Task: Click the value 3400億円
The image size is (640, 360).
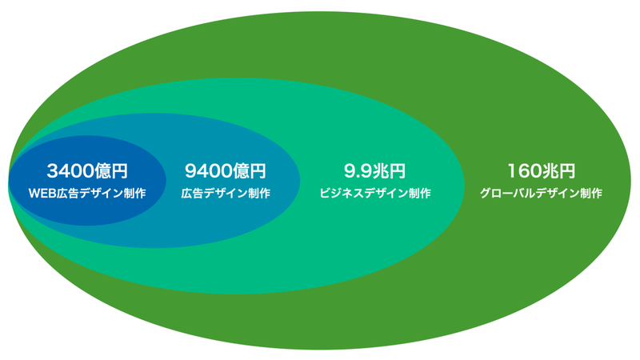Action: pos(87,170)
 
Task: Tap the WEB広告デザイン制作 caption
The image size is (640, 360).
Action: pos(87,193)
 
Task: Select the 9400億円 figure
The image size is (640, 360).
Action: pos(225,170)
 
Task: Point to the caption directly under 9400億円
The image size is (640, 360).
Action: pos(225,193)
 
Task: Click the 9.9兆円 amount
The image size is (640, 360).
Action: pos(374,170)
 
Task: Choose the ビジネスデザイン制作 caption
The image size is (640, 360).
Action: pos(374,193)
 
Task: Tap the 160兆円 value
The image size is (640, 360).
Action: pos(541,170)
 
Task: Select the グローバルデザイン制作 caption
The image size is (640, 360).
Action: pos(541,193)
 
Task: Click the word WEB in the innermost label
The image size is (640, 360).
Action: pos(41,193)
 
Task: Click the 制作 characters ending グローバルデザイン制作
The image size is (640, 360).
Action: pos(591,193)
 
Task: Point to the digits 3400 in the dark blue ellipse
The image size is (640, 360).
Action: pos(70,170)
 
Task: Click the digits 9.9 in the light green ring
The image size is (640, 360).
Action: pos(358,170)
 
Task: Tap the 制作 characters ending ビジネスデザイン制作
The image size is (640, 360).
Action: pos(419,193)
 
